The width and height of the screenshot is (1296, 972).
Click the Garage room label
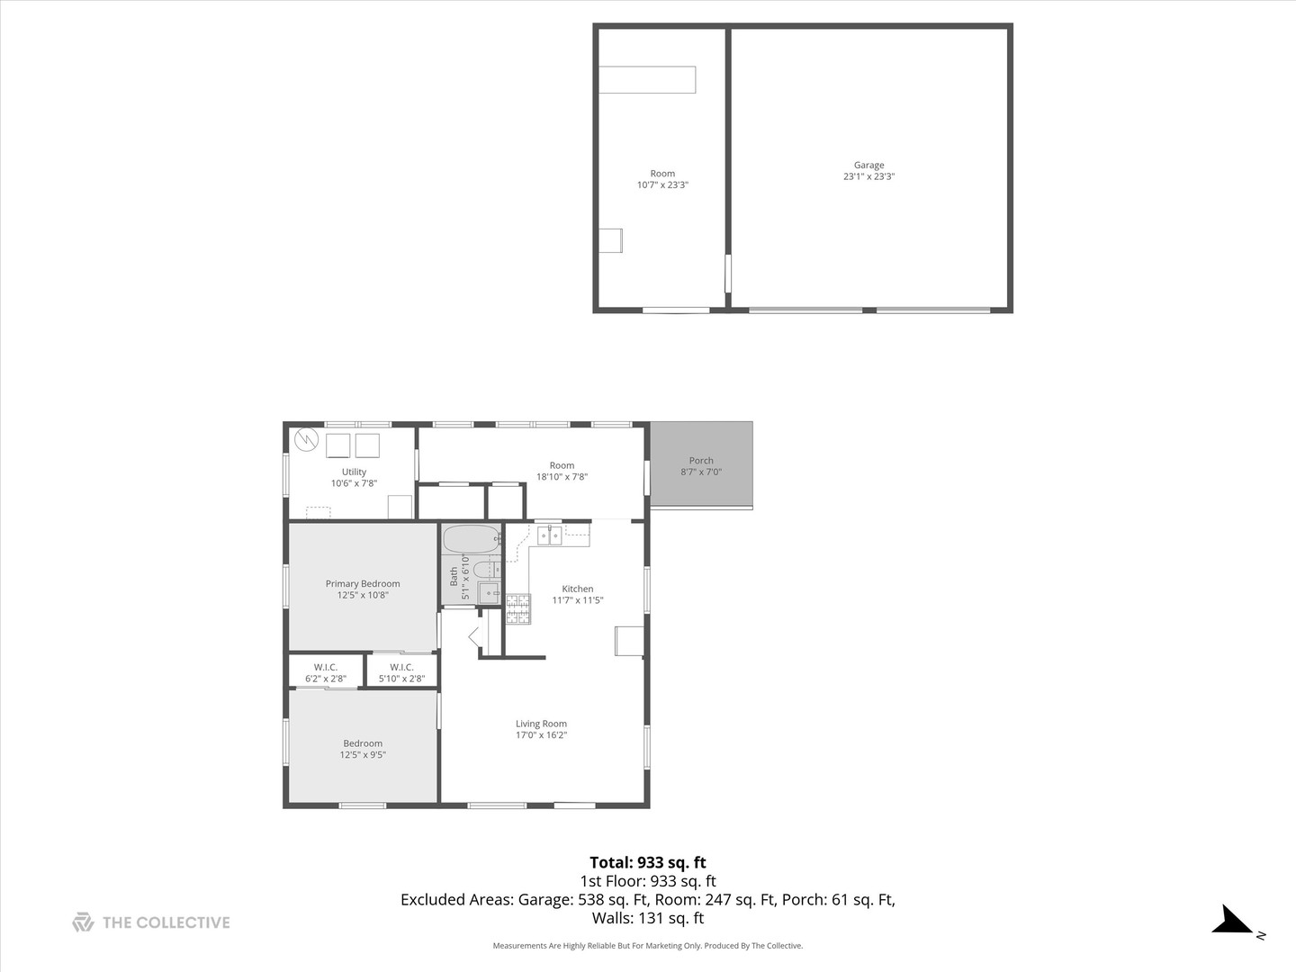868,166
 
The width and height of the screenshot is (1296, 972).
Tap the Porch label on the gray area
701,461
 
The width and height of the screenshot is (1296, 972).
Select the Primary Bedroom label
363,584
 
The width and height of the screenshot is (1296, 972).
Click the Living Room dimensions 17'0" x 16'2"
541,735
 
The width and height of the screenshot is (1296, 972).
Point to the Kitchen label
578,589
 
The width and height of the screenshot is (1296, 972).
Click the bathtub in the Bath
471,539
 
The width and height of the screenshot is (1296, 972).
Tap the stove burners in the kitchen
517,609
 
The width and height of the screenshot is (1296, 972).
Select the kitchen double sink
549,536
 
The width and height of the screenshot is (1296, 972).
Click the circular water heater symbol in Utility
307,439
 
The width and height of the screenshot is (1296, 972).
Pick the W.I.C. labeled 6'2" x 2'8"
326,673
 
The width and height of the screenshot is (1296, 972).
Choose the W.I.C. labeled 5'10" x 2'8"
401,673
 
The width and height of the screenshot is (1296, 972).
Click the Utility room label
354,472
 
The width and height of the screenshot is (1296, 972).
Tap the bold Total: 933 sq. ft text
647,863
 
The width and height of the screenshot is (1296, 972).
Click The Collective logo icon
83,922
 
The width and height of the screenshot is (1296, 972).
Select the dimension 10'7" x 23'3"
662,185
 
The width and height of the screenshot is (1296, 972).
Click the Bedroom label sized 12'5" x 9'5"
363,749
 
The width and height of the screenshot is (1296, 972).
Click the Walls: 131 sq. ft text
647,919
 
